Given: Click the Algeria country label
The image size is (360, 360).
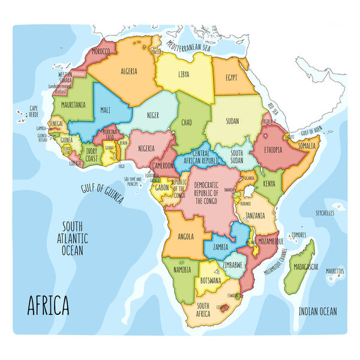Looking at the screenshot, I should pos(129,71).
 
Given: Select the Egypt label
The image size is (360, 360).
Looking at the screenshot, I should pos(231,77).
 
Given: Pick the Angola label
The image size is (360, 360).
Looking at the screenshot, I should pos(185,236).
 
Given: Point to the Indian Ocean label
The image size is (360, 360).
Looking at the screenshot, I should pos(318,311).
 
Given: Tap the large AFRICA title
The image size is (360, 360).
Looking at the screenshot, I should pos(48,306).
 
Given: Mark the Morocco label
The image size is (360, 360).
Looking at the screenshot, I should pos(101,52).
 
